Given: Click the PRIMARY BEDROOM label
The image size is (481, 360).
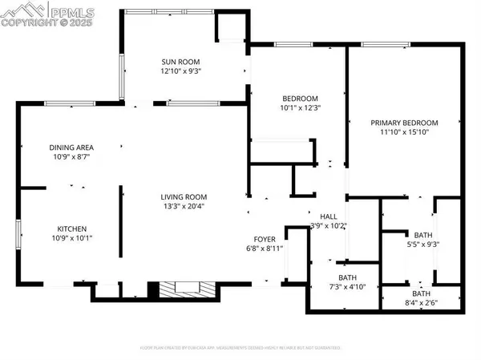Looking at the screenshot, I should [x=405, y=123].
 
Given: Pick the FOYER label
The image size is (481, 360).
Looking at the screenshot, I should [x=265, y=239].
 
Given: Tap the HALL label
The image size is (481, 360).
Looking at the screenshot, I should [x=329, y=216].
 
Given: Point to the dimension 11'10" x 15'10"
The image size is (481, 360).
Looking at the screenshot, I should [x=405, y=132].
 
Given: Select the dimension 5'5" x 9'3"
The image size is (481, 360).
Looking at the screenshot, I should [x=422, y=245].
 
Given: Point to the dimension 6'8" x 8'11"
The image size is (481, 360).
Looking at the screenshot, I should [x=265, y=249].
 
